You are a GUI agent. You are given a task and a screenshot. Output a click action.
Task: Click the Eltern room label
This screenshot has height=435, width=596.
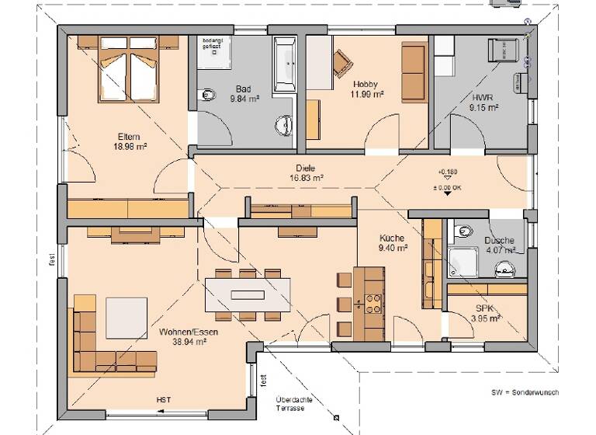click(129, 137)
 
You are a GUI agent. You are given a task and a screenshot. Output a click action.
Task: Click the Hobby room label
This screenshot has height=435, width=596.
click(365, 84)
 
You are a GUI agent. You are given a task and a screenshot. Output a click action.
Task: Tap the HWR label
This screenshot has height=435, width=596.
click(483, 98)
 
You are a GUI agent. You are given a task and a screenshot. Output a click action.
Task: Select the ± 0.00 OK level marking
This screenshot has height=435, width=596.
click(448, 187)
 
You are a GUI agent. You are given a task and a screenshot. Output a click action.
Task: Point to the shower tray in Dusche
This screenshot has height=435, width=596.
click(463, 261)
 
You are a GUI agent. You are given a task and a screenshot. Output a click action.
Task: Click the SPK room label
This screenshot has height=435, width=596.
click(485, 308)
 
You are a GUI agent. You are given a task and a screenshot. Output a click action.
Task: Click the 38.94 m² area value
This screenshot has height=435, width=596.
click(188, 341)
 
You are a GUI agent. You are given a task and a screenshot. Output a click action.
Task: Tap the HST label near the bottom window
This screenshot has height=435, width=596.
click(164, 400)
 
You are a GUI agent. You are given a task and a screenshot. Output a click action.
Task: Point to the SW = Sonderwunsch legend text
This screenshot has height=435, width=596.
click(525, 392)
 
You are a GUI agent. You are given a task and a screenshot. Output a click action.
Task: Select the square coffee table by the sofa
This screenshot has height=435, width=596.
click(126, 318)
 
